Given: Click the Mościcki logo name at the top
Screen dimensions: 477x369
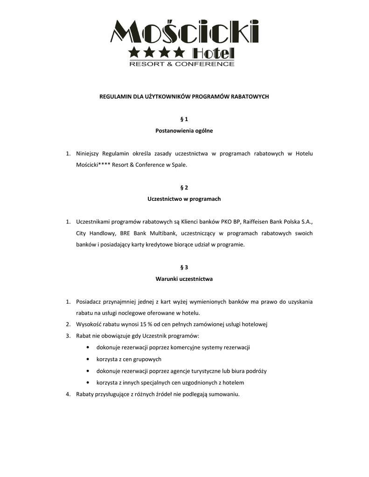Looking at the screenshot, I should (x=184, y=31).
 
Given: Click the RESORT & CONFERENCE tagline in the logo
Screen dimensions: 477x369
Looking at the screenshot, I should (x=181, y=64).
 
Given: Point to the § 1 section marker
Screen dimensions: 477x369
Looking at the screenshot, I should (x=184, y=119).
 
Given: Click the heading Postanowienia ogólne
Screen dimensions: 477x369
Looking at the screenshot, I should (x=184, y=131).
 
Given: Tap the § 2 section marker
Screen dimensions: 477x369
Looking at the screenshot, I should (x=184, y=188).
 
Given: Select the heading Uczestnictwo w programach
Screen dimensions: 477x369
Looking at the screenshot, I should (x=184, y=199).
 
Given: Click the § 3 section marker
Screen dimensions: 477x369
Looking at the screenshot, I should (x=184, y=267).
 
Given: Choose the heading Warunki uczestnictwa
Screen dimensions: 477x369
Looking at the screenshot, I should (x=184, y=279).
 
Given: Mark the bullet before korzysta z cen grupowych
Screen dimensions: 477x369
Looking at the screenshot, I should (x=89, y=359).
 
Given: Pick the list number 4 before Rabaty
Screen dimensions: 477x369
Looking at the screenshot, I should (x=68, y=395).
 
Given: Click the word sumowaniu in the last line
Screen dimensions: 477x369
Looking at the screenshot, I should (x=223, y=395).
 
